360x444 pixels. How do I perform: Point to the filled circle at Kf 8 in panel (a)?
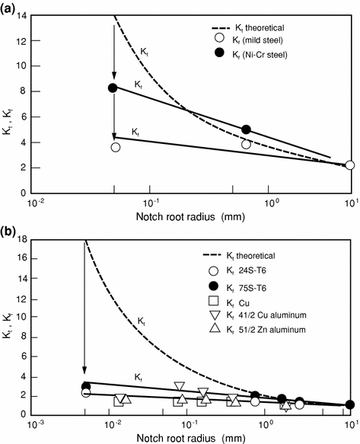(113, 88)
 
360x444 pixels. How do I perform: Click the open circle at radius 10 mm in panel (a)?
(349, 165)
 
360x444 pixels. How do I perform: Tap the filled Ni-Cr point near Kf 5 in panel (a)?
(246, 129)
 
